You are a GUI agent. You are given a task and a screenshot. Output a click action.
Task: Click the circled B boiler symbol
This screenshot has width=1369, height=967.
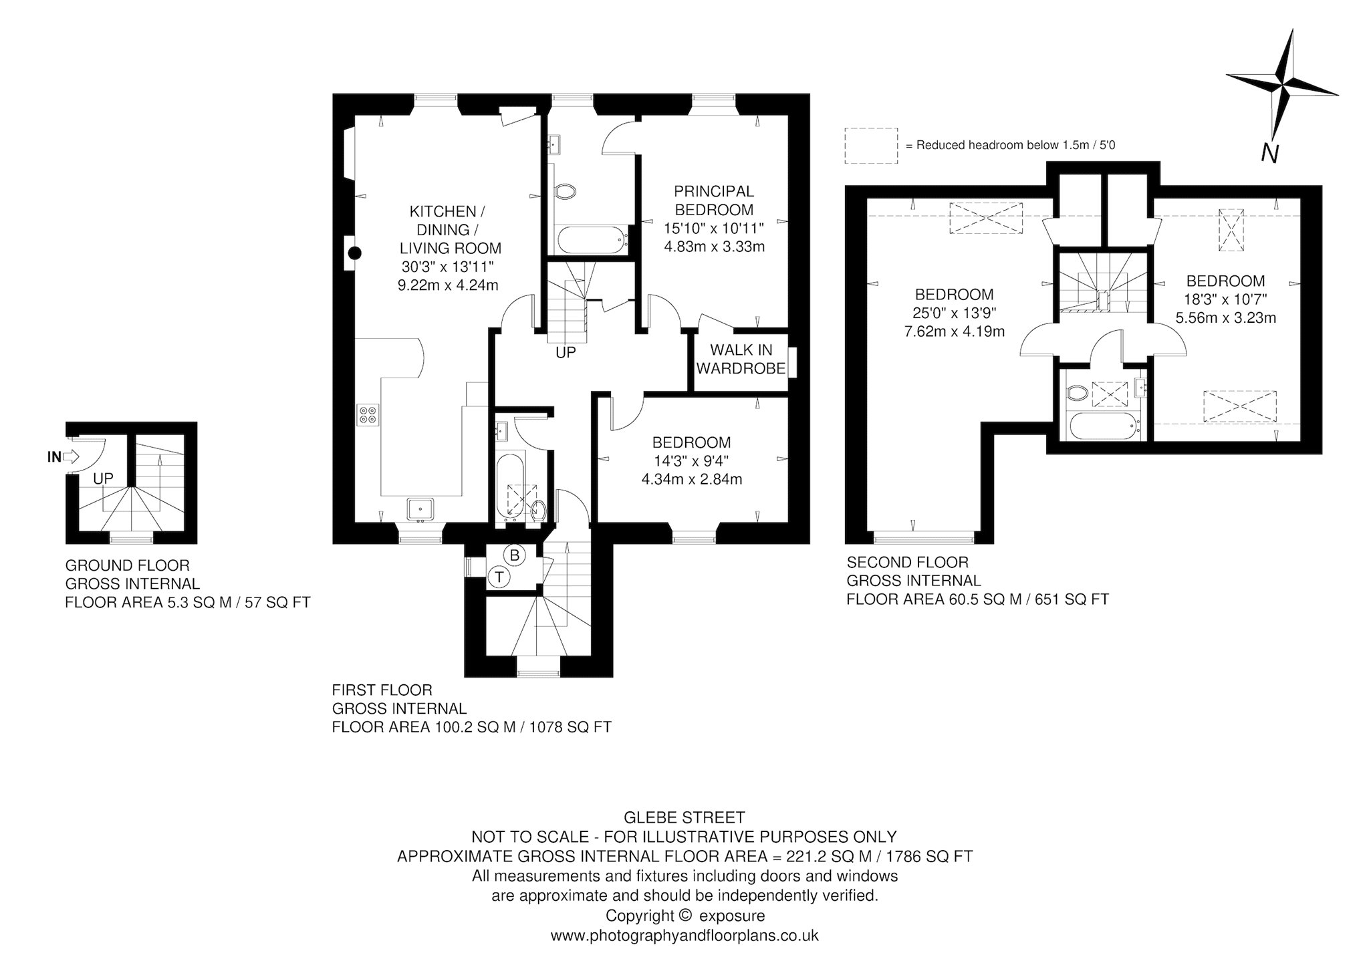(515, 555)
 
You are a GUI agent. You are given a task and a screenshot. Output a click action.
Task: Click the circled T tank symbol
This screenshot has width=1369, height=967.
(499, 577)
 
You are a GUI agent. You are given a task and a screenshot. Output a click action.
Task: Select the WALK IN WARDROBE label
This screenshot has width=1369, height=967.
(741, 359)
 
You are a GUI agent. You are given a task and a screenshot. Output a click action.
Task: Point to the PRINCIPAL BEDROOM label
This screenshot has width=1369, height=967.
(714, 200)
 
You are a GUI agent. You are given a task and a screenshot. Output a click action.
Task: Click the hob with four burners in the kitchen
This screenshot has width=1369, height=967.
(367, 415)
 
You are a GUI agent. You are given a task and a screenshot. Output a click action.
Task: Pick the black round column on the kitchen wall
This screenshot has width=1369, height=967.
(356, 253)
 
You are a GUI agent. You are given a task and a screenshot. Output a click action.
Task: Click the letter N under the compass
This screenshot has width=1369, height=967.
(1270, 154)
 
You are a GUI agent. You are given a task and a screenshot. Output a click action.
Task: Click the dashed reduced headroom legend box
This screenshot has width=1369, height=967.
(871, 146)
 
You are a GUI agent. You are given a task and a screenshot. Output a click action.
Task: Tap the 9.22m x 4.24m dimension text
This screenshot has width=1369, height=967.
(448, 285)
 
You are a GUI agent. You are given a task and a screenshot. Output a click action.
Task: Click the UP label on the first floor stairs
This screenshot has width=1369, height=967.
(566, 352)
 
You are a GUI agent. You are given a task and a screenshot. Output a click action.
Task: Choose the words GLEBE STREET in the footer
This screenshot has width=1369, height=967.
(684, 817)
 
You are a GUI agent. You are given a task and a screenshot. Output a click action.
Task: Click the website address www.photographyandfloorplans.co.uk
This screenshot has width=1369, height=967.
(684, 936)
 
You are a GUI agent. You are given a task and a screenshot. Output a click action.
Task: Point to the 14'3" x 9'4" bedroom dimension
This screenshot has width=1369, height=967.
(691, 461)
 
